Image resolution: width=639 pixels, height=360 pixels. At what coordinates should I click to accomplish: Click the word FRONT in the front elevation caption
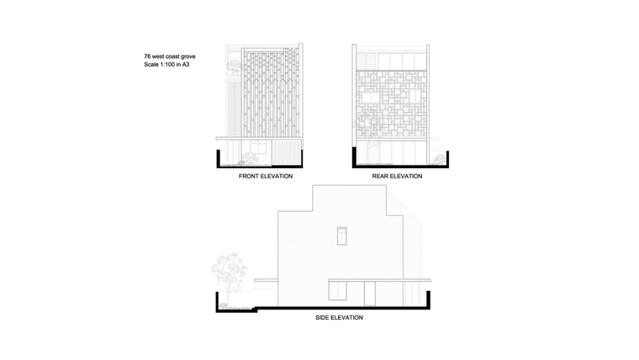248,176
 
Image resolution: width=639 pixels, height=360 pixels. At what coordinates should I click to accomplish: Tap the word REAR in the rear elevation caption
379,176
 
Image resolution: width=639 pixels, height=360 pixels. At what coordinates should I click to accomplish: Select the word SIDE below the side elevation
322,318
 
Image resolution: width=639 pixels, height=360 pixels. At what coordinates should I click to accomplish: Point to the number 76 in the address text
147,56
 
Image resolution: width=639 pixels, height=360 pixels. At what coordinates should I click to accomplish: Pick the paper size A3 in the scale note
186,65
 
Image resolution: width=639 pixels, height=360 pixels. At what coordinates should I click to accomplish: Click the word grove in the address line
188,56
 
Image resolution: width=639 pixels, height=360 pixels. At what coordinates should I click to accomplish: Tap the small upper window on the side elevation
342,236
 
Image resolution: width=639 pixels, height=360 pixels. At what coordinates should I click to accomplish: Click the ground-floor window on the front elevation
258,147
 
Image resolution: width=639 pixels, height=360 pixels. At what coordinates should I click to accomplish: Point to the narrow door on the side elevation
370,294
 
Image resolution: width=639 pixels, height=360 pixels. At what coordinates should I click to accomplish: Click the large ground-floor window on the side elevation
337,291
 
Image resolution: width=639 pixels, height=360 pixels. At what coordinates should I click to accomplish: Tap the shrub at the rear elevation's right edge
439,160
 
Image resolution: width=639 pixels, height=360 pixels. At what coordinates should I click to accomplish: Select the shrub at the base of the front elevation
249,160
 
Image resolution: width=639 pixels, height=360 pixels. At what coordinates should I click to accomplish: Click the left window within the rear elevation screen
371,98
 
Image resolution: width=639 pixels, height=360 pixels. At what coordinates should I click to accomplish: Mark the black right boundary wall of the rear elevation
447,158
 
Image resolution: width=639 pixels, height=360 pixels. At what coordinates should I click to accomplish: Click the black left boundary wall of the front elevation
219,158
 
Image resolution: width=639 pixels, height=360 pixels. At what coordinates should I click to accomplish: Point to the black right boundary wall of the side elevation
428,299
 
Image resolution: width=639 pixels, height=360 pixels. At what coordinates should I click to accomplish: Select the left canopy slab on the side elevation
267,280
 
